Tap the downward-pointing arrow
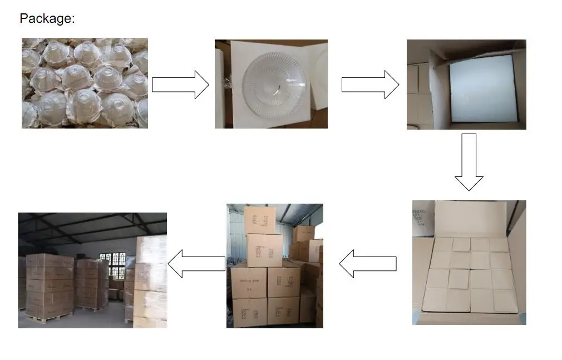pyautogui.click(x=469, y=162)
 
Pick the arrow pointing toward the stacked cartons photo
pyautogui.click(x=368, y=264)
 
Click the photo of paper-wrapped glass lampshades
pyautogui.click(x=85, y=83)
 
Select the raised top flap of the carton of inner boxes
pyautogui.click(x=470, y=218)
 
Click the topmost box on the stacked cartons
pyautogui.click(x=260, y=220)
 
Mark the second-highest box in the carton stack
pyautogui.click(x=265, y=250)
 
